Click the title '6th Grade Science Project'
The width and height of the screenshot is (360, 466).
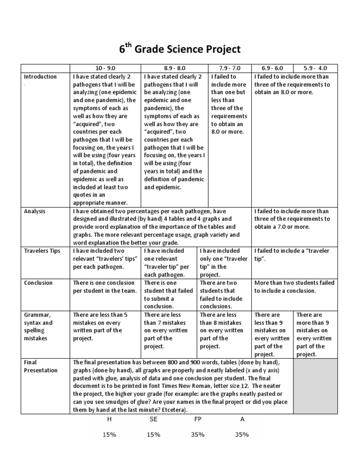[180, 49]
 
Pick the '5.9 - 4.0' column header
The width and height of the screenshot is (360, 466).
[314, 68]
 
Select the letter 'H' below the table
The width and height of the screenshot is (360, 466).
[109, 419]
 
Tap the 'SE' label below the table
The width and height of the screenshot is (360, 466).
[153, 419]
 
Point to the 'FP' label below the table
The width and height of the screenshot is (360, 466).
[197, 419]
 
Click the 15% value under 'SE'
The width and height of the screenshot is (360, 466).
[153, 435]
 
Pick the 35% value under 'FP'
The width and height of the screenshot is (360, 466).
[197, 435]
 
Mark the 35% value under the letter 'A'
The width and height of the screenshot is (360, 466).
[242, 435]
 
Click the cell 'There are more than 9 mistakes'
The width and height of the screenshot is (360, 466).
[314, 334]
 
